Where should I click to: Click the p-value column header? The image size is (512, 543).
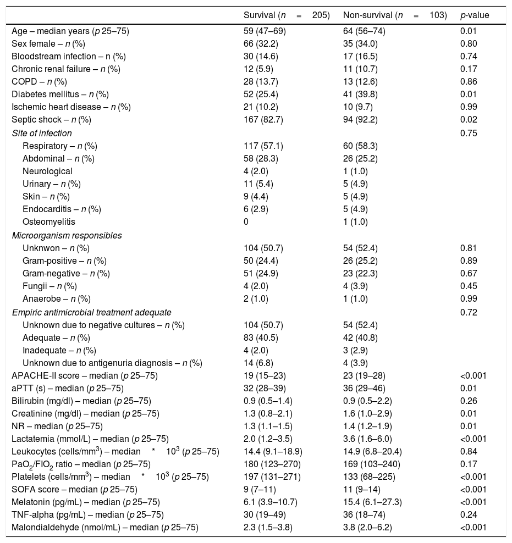point(475,15)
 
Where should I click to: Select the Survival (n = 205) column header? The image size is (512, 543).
point(287,15)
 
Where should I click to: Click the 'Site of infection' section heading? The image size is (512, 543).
point(42,132)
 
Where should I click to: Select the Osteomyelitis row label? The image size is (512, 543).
point(49,221)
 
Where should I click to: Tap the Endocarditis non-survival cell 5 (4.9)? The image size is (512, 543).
point(355,209)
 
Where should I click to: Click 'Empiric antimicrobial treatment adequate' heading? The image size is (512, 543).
point(92,312)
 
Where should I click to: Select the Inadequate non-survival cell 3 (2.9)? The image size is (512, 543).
point(355,350)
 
